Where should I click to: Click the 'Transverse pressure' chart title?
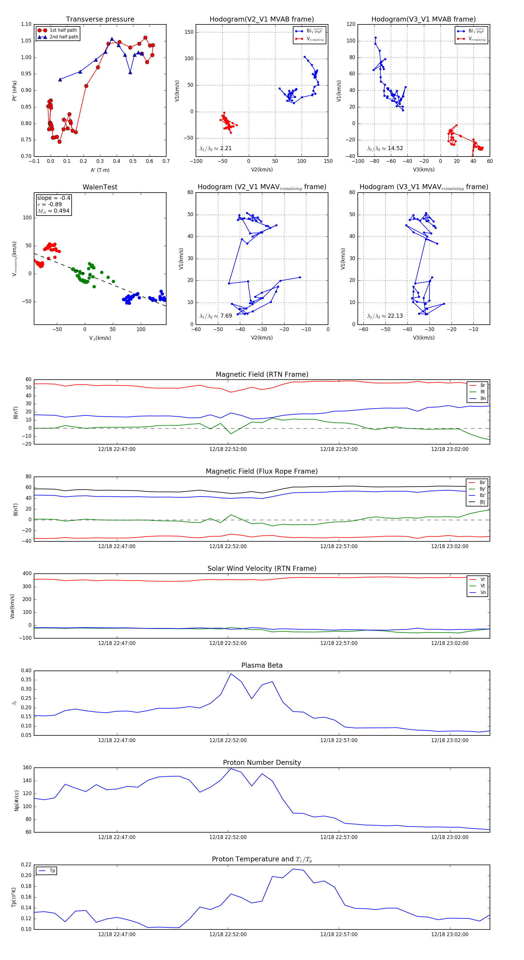pos(100,19)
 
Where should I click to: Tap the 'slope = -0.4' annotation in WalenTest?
pos(53,198)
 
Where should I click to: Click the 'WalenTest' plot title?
pos(100,187)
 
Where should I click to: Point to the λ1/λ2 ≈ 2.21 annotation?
pos(215,148)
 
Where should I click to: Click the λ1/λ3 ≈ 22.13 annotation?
pos(385,316)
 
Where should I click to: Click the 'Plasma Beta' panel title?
pos(262,665)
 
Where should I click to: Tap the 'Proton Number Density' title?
pos(262,762)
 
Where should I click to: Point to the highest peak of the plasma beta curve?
pos(231,674)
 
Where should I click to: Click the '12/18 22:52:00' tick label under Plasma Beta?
pos(228,740)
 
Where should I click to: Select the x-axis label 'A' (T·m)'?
pos(100,170)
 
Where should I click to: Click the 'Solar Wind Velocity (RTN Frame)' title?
pos(262,568)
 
